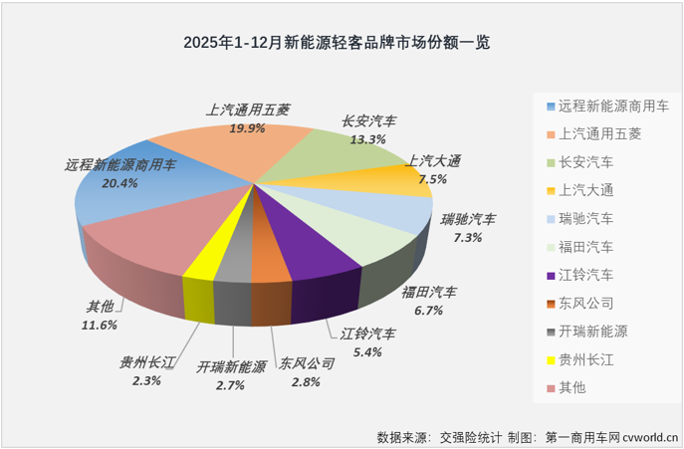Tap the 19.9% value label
tap(246, 127)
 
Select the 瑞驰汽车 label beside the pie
tap(468, 219)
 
